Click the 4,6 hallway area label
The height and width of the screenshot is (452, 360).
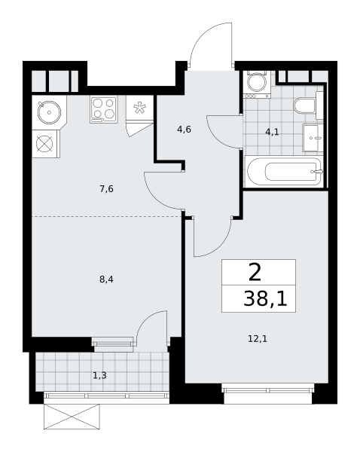[184, 130]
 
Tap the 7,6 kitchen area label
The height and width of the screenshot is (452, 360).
[106, 189]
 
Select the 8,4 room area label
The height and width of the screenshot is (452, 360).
[106, 279]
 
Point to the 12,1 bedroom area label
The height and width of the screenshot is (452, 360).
[258, 339]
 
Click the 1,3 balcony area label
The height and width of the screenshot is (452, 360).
[99, 375]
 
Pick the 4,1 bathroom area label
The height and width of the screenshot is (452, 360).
[272, 132]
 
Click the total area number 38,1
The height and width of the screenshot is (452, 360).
[265, 298]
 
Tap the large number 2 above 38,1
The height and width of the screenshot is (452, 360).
[255, 273]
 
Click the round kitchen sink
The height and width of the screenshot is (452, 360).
[49, 112]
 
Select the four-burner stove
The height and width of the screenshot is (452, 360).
[104, 110]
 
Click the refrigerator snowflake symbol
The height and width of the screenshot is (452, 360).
[139, 108]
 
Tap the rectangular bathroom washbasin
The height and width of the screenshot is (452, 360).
[313, 138]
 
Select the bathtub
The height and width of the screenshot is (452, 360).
[284, 172]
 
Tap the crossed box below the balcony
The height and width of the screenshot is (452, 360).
[72, 417]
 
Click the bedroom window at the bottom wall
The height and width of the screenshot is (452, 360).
[267, 390]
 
